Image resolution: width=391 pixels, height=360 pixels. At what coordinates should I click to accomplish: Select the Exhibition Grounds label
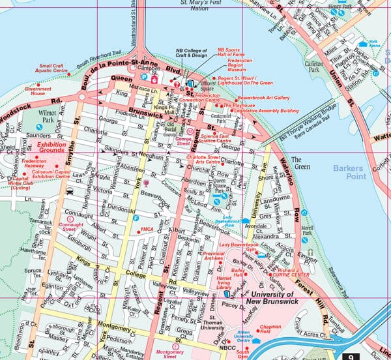51,148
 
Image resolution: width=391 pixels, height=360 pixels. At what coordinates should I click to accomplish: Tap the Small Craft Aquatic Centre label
56,68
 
